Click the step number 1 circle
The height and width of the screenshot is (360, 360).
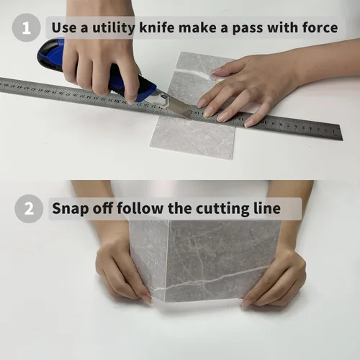(27, 27)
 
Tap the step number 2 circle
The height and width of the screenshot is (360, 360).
(29, 209)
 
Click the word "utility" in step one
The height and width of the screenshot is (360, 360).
(114, 28)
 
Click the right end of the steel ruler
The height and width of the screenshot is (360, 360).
(341, 132)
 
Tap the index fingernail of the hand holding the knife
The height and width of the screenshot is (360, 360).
(131, 100)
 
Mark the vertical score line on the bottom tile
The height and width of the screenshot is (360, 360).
(167, 261)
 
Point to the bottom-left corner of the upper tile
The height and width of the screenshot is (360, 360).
(150, 146)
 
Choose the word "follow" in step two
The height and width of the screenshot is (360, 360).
(140, 208)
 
